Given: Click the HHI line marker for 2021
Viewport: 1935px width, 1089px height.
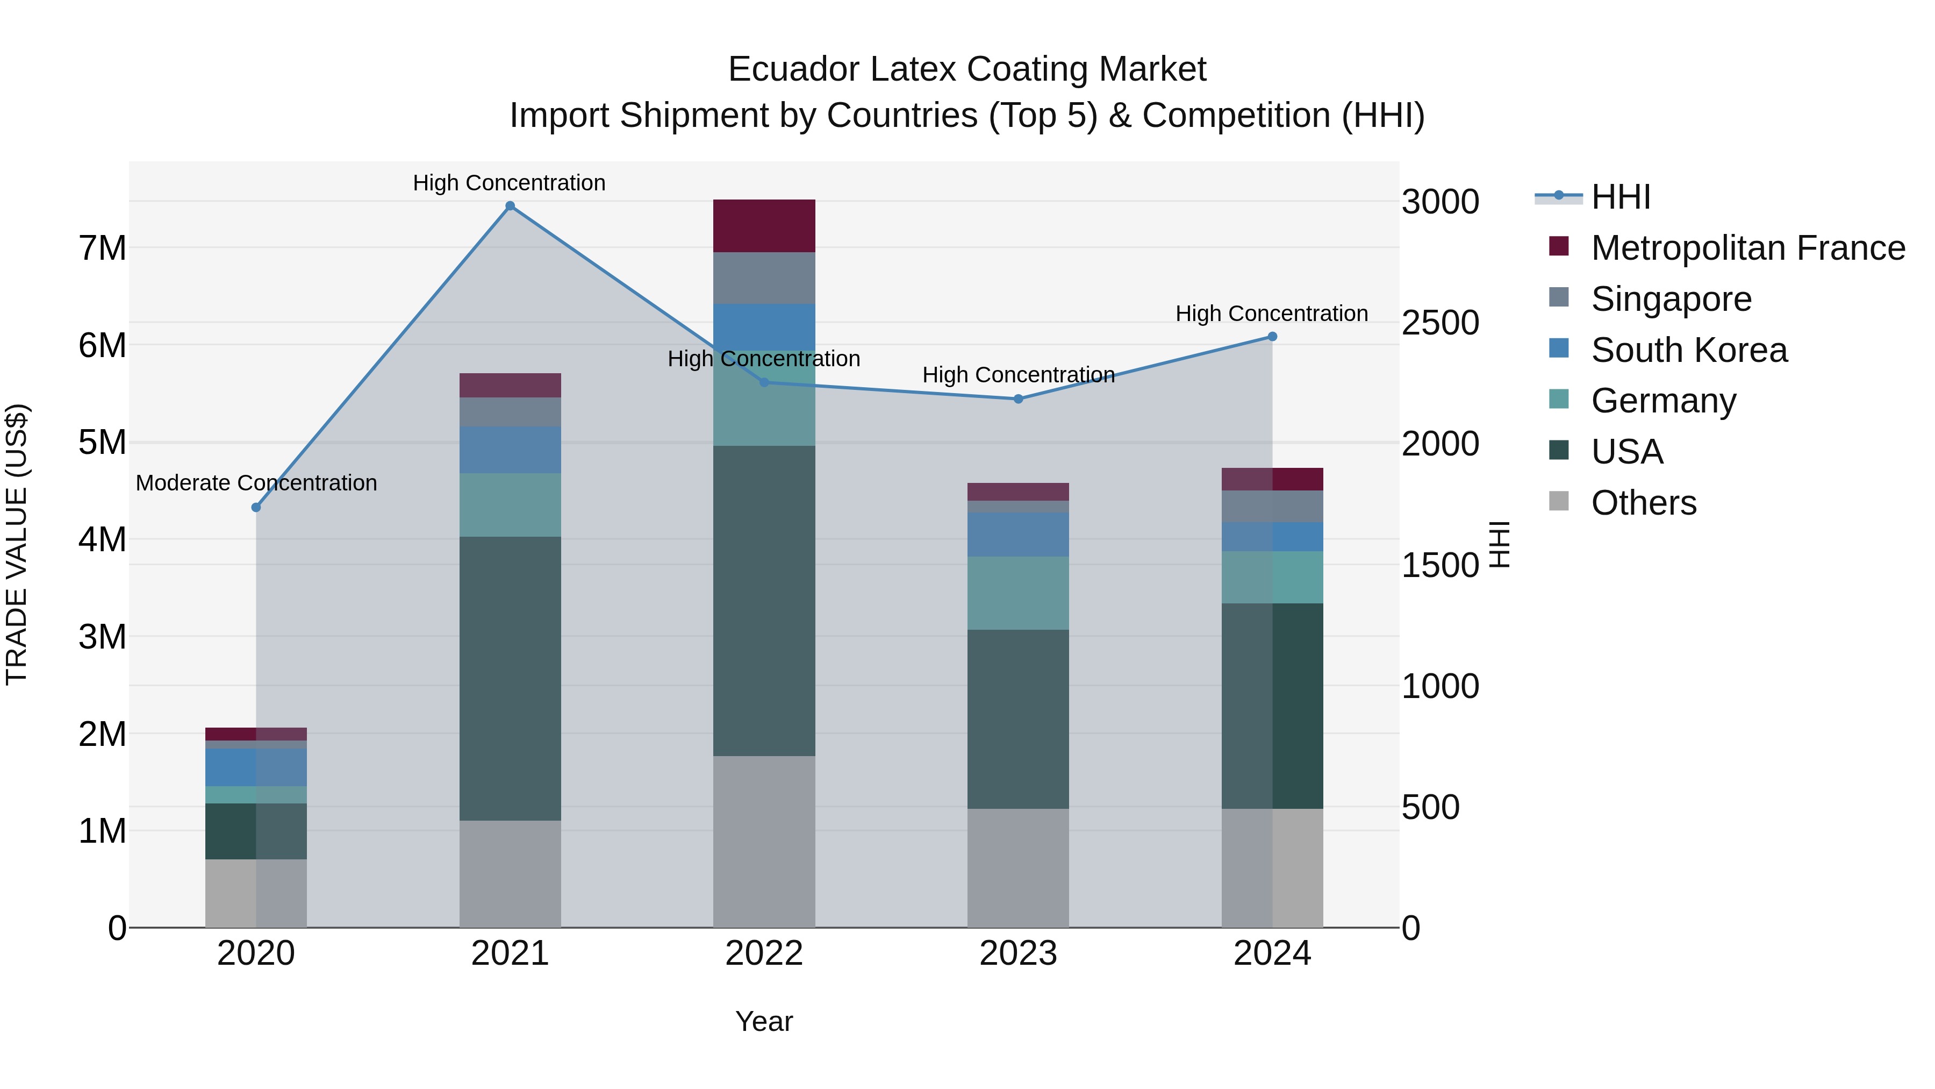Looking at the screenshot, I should [x=510, y=206].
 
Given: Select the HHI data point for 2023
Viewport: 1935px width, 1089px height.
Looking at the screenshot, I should [x=1019, y=399].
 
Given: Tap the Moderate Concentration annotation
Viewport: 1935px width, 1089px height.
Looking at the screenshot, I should [x=256, y=483].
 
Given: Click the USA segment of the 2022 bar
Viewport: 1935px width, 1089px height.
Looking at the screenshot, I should [x=764, y=601].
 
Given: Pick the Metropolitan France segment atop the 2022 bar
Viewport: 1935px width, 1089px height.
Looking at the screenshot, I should [x=764, y=225].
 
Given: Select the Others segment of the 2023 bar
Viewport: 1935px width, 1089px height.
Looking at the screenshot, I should [x=1018, y=868].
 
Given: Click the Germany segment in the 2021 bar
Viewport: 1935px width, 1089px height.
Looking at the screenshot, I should [x=510, y=504].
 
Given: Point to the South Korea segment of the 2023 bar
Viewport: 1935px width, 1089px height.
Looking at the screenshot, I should [x=1018, y=535].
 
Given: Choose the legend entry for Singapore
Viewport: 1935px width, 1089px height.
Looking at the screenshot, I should [x=1671, y=299].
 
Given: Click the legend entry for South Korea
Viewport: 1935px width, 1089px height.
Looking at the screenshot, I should [x=1689, y=350].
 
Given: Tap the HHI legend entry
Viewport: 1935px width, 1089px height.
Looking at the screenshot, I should [x=1620, y=197].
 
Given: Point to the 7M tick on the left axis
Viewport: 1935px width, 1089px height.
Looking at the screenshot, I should [x=102, y=248].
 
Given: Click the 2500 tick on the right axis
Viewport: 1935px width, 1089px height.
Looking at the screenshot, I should [x=1440, y=323].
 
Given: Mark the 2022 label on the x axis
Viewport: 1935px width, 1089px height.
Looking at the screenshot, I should [x=764, y=953].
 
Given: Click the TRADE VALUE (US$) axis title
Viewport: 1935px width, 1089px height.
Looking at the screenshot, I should [x=17, y=544].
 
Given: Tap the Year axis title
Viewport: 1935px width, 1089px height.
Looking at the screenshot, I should [x=764, y=1021].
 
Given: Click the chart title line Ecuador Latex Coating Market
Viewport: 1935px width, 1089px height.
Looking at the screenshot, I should [x=967, y=69].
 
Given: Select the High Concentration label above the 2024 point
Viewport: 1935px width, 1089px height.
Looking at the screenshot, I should [x=1271, y=314].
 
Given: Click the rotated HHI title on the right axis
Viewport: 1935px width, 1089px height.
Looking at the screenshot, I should [x=1499, y=544].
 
